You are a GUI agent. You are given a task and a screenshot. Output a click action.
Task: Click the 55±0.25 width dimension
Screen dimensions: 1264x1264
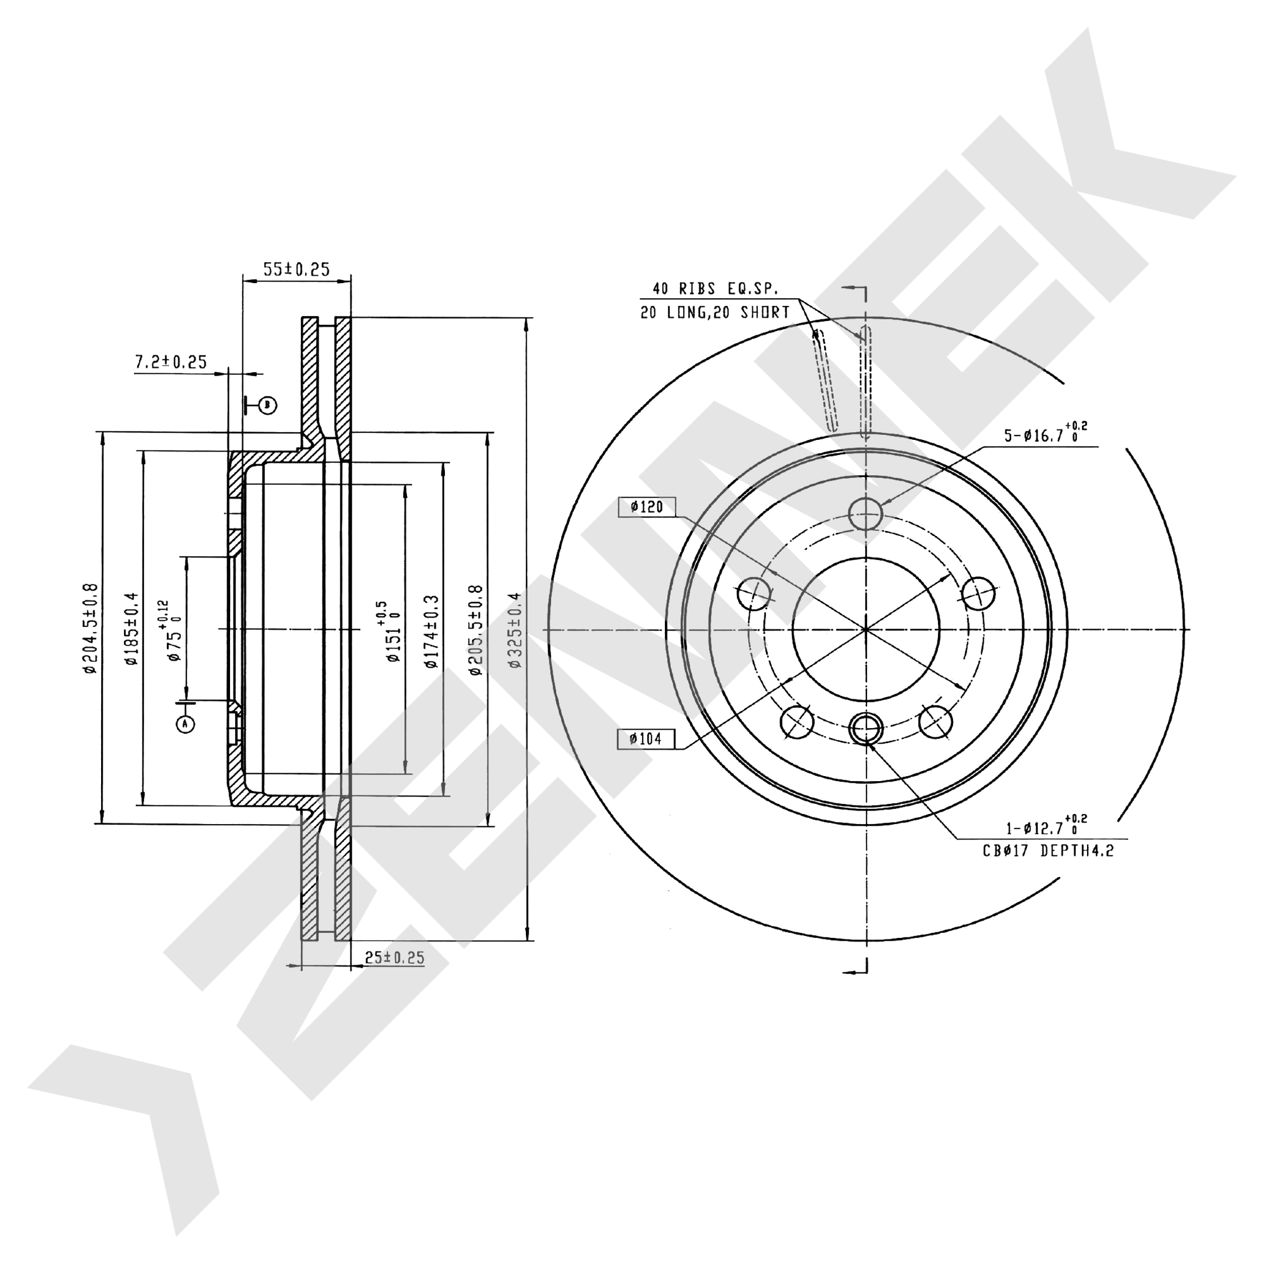(x=296, y=269)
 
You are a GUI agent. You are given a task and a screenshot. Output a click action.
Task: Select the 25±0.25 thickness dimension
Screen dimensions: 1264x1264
(x=394, y=958)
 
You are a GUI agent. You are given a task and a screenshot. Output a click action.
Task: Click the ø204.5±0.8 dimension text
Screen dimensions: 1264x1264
(x=91, y=628)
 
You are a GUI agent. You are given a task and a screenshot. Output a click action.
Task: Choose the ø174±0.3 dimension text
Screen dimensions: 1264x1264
(x=431, y=631)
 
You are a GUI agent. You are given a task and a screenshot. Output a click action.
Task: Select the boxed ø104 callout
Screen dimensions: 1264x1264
(x=646, y=739)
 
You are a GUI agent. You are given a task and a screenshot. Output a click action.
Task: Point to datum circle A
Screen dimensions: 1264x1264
(x=186, y=724)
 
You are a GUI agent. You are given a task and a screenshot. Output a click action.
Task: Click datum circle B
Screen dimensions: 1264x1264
(x=267, y=405)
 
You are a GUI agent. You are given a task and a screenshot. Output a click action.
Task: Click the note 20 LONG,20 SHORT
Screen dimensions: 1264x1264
(x=715, y=313)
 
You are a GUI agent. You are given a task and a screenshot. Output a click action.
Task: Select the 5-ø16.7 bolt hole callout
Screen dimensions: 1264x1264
(x=1046, y=433)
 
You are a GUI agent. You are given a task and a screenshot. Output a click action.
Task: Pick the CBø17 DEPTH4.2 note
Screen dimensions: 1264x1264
(x=1048, y=850)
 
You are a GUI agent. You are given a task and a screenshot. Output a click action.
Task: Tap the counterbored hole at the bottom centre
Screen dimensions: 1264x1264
(x=866, y=727)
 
